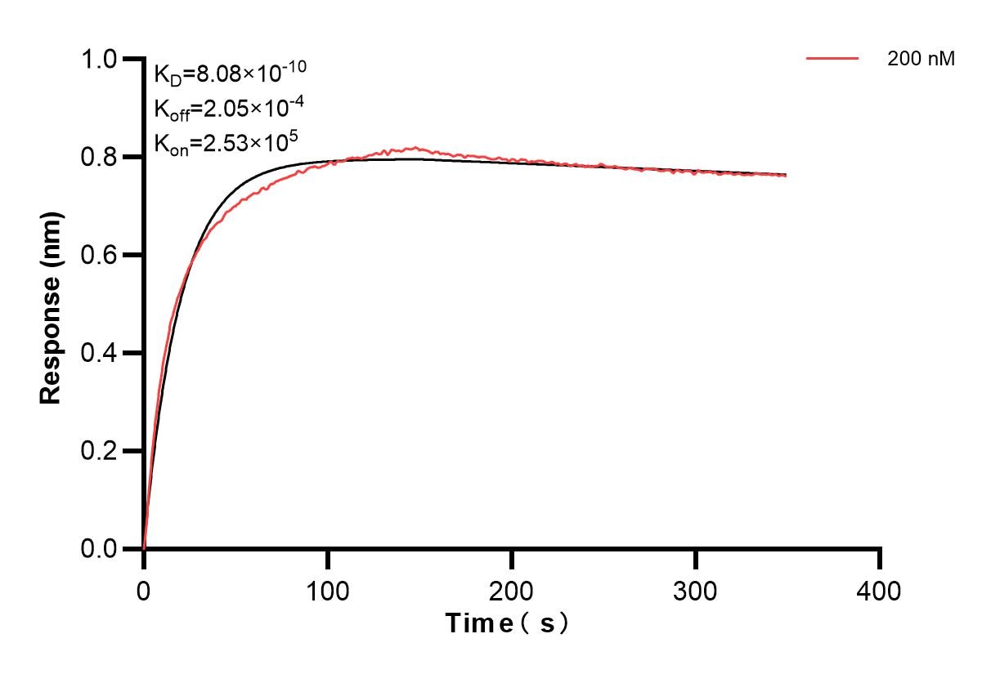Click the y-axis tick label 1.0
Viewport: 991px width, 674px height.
[101, 59]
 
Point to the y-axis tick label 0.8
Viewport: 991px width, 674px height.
[101, 157]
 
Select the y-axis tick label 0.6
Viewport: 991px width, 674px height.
[101, 255]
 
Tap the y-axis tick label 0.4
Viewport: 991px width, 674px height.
[101, 353]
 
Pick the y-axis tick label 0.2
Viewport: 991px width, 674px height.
[101, 451]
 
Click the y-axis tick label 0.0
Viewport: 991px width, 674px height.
[101, 549]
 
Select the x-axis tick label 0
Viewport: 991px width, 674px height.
[144, 590]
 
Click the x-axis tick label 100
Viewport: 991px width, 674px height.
[328, 590]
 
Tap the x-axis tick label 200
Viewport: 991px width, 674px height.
[512, 590]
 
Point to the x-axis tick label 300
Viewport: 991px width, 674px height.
[696, 590]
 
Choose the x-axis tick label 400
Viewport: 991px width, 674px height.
[880, 590]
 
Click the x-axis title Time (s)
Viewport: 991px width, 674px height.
[507, 624]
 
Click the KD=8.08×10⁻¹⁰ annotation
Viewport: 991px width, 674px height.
[230, 74]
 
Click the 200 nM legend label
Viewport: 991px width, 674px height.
[921, 59]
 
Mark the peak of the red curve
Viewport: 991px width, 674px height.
[416, 148]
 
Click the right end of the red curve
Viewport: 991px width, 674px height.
[786, 176]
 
